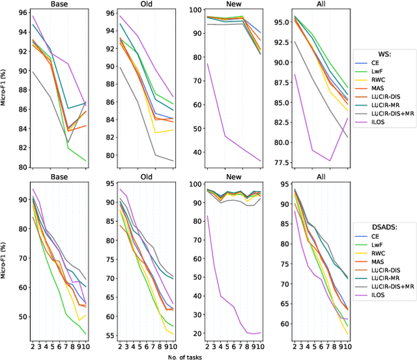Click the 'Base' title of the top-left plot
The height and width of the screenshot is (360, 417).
(58, 4)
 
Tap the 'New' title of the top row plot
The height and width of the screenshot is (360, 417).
(233, 4)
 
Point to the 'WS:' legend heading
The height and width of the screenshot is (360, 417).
(386, 55)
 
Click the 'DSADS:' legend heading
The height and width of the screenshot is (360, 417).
(386, 227)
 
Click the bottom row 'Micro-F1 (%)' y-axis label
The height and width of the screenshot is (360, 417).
(5, 260)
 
